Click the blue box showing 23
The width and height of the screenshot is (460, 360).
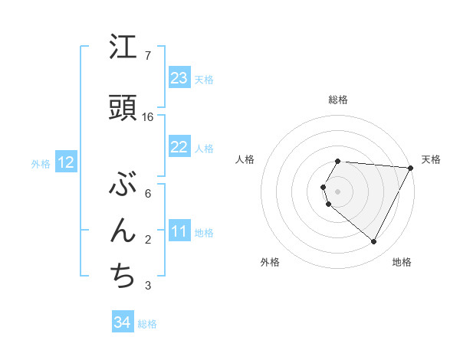[179, 78]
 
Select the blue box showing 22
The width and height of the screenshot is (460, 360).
[179, 147]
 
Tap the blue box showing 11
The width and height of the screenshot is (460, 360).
[179, 231]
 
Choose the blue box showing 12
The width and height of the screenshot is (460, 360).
[66, 162]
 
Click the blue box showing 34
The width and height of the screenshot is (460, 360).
[123, 323]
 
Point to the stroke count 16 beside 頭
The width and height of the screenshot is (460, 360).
[148, 117]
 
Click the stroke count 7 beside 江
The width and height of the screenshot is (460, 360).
[147, 56]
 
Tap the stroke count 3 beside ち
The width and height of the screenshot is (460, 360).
[147, 286]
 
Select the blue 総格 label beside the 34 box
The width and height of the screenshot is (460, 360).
[147, 324]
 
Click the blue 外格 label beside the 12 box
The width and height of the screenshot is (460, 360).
[41, 163]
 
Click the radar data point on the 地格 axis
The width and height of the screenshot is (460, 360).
[374, 242]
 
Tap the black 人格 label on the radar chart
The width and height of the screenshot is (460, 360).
[245, 159]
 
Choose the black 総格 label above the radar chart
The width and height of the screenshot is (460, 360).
[338, 100]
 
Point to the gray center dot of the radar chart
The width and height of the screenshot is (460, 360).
[338, 190]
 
